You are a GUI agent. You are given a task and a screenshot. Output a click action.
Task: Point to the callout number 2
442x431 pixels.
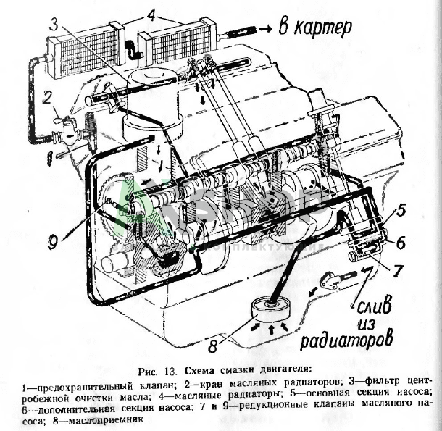point(46,96)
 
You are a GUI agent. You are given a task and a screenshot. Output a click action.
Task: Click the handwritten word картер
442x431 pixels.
point(318,27)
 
